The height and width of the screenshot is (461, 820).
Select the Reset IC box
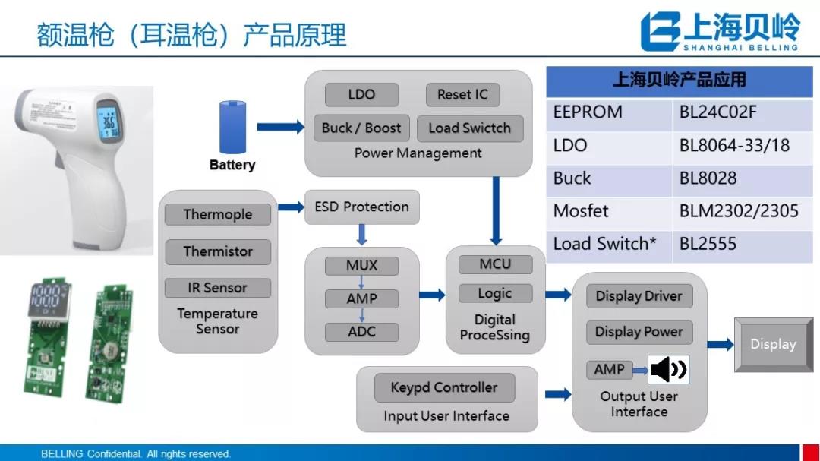(462, 95)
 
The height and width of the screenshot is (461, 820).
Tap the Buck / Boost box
(361, 128)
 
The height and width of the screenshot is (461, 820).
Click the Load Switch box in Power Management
(470, 128)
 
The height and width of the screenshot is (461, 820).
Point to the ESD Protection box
(361, 207)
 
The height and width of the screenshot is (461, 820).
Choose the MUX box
(361, 266)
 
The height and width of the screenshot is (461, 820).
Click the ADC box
(361, 331)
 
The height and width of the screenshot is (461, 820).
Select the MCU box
(495, 264)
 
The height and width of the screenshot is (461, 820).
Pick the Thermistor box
(218, 251)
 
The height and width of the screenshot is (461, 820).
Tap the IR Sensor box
(218, 288)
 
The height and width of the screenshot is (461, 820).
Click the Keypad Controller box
(444, 387)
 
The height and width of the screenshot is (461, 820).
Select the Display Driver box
(639, 296)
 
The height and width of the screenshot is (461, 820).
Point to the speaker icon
(668, 370)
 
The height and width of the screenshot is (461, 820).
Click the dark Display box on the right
(773, 344)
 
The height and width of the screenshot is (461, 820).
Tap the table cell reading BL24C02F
(718, 112)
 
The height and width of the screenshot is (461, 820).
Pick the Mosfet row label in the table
(581, 210)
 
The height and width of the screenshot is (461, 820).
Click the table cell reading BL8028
(708, 178)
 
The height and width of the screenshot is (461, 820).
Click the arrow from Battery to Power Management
(279, 127)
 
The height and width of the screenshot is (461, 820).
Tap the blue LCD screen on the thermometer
(109, 122)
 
